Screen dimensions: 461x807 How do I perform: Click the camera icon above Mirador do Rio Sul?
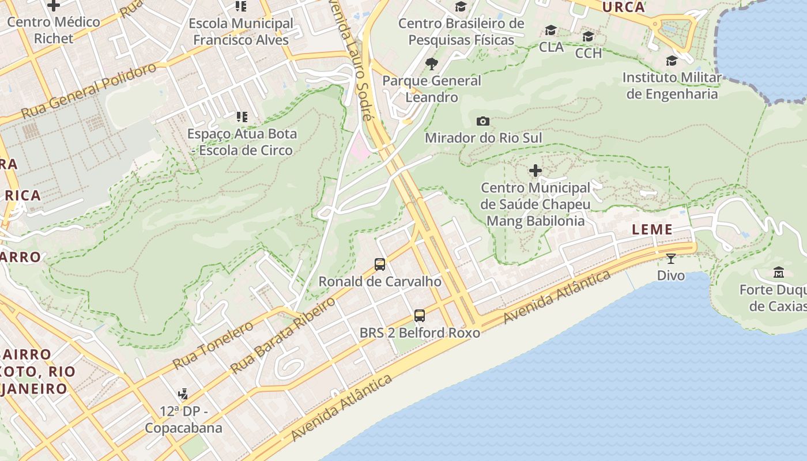click(x=483, y=121)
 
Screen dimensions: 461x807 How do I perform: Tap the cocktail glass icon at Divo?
click(x=671, y=258)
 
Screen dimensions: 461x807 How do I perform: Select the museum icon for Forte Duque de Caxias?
click(x=779, y=272)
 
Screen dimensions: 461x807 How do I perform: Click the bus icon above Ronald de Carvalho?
click(x=380, y=264)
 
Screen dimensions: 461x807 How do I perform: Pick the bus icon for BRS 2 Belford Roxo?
click(x=420, y=316)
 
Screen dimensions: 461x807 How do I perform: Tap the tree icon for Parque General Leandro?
click(x=431, y=63)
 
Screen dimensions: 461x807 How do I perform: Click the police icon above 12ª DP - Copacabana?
click(x=183, y=394)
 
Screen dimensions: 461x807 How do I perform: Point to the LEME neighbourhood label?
click(x=652, y=229)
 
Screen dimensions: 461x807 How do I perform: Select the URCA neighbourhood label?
click(x=623, y=7)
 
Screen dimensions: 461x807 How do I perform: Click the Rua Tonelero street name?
click(x=213, y=345)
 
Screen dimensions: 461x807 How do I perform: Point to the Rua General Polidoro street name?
click(x=89, y=90)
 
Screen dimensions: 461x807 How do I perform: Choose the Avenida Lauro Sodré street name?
click(x=350, y=58)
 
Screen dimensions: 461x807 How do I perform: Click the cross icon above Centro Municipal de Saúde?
click(x=536, y=171)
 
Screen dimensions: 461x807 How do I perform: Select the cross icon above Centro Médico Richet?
click(x=54, y=6)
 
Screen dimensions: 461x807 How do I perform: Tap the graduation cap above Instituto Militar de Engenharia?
click(x=672, y=61)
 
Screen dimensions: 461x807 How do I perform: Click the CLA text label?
click(x=551, y=47)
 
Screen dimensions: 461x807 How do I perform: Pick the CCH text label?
click(x=589, y=53)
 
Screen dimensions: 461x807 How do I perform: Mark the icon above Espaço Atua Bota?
click(x=242, y=117)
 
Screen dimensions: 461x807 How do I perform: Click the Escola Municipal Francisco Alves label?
click(x=241, y=32)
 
